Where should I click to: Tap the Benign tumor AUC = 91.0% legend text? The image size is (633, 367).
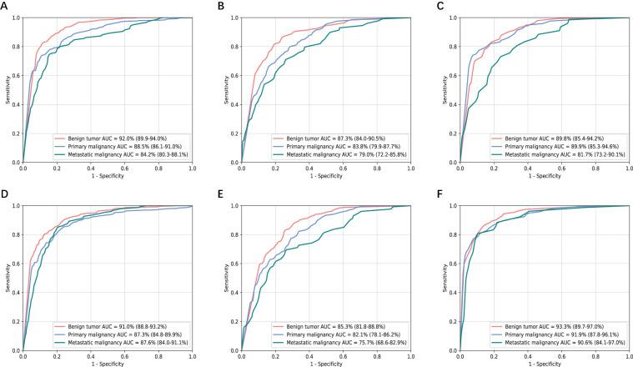(x=115, y=324)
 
